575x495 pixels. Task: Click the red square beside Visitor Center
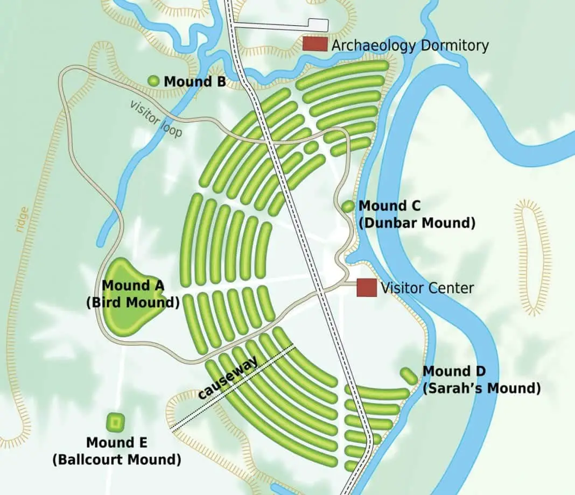367,287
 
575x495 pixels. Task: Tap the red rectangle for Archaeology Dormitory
314,44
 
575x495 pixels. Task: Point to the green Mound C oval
348,206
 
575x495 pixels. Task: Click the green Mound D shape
409,375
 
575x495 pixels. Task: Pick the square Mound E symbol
114,422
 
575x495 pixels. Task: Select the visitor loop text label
156,118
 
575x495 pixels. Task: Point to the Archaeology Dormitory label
410,45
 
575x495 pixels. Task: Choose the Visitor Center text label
427,288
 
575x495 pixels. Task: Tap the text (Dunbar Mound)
417,222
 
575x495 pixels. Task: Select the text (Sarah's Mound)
481,388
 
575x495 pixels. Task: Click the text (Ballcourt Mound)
116,459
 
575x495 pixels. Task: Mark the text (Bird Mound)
132,302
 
